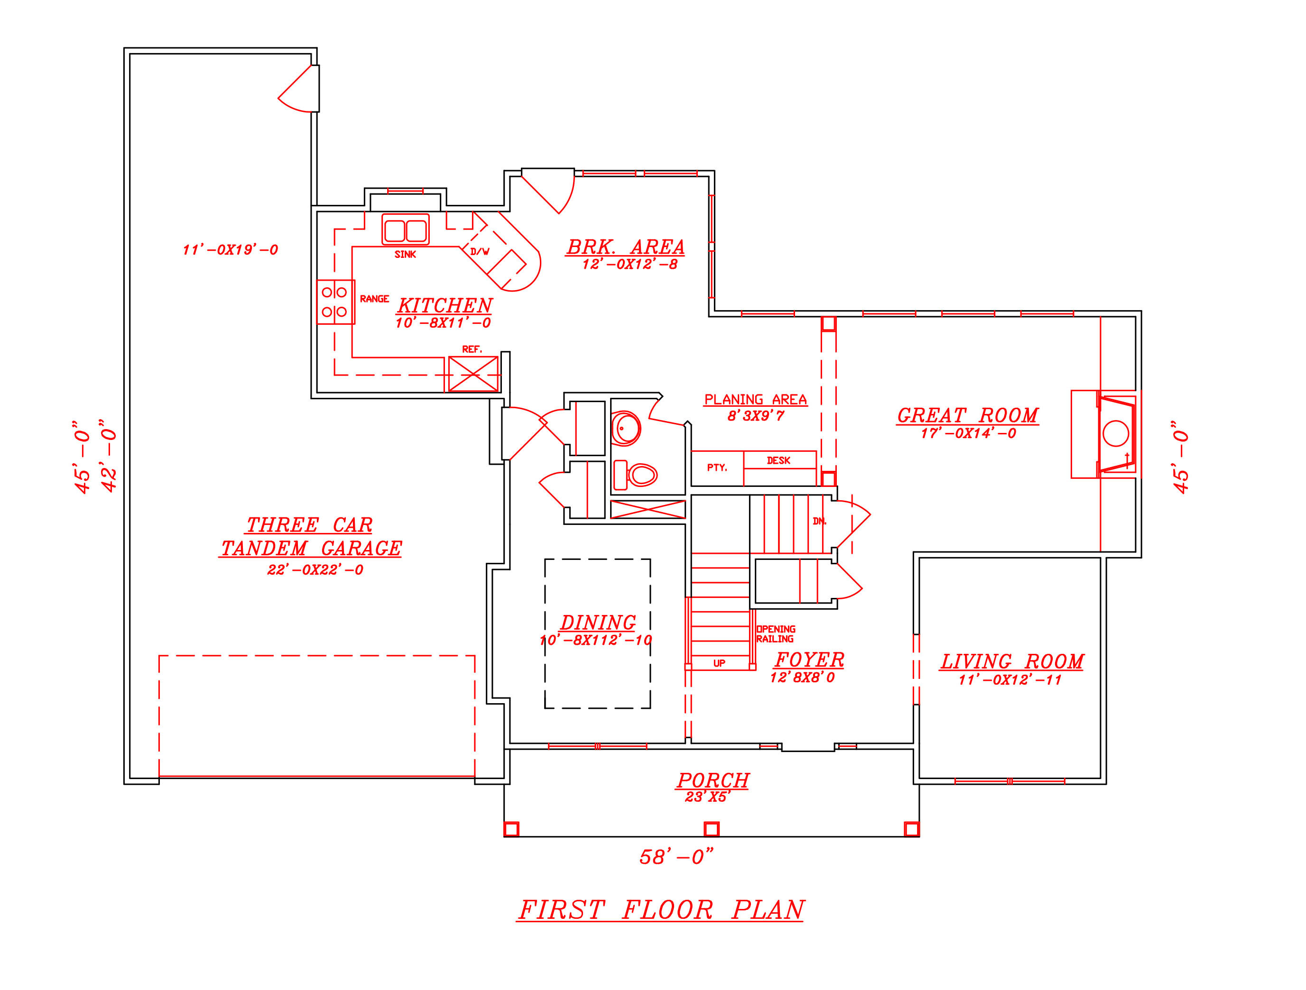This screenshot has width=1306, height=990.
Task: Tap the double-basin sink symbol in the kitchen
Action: [405, 230]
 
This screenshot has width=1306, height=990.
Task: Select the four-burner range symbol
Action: [335, 302]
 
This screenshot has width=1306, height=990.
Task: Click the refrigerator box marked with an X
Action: [473, 374]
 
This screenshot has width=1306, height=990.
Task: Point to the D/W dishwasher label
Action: [480, 251]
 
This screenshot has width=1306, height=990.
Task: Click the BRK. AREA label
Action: [625, 247]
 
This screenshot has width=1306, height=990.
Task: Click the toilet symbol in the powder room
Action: [640, 474]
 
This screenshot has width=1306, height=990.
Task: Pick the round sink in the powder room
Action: [625, 428]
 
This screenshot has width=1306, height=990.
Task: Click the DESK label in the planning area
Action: [778, 461]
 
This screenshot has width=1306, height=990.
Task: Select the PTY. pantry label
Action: [717, 468]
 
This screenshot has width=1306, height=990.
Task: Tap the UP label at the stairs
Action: [719, 664]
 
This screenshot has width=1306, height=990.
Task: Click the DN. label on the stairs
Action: [819, 522]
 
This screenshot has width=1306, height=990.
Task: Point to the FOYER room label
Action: [809, 660]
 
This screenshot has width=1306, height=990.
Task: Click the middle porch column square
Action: [712, 829]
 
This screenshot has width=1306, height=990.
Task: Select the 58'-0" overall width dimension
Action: [676, 857]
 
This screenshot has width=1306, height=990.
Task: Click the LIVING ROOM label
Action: [1011, 662]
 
